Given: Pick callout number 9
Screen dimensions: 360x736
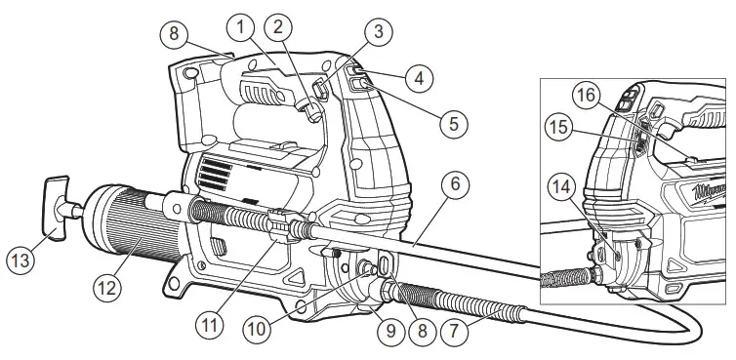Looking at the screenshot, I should (392, 330).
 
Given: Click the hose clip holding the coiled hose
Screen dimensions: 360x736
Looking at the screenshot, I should (275, 224).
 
